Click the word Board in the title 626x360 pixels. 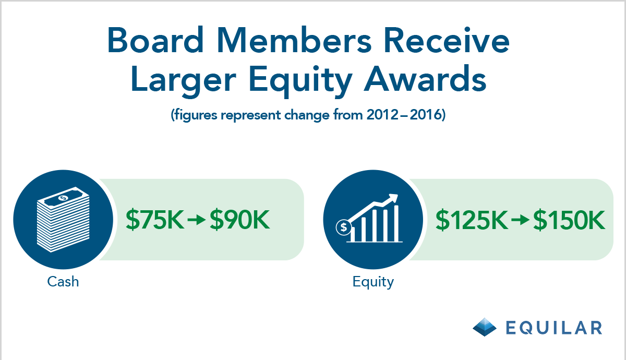point(155,40)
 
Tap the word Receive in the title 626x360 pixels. point(447,40)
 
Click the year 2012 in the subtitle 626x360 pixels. point(382,115)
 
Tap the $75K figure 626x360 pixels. point(155,220)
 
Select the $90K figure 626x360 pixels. point(240,220)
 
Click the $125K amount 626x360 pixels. point(472,220)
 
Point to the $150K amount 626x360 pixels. point(569,220)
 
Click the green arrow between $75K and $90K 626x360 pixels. point(197,220)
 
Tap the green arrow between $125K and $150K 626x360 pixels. point(520,220)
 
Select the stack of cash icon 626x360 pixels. point(64,220)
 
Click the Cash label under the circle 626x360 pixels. point(63,281)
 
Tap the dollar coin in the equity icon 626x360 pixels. point(344,227)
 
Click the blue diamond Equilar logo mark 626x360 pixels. point(485,327)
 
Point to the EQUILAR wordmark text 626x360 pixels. point(554,328)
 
